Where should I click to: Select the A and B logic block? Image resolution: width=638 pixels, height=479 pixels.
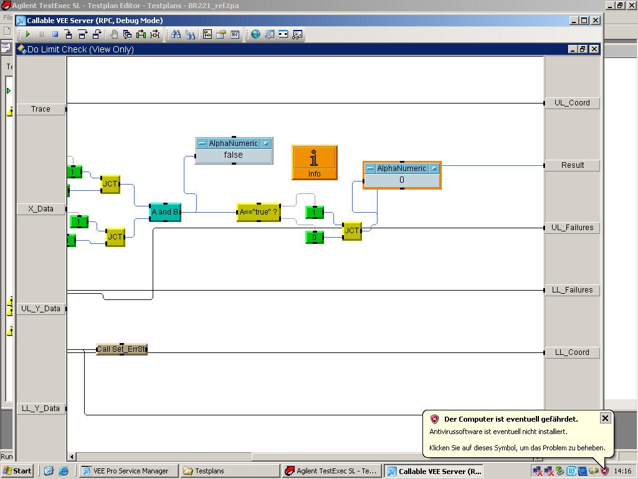click(165, 212)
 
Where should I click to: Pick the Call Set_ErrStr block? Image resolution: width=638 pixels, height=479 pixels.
click(122, 349)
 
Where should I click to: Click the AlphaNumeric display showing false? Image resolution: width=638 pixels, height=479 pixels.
click(234, 155)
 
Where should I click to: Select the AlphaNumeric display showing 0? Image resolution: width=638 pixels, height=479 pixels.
click(402, 180)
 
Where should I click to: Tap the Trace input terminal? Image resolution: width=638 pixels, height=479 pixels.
click(40, 109)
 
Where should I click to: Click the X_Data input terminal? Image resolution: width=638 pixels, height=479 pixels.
click(40, 209)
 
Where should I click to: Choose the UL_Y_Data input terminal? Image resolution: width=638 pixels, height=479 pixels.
click(40, 309)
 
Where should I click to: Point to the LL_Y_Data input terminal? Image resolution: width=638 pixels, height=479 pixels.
click(40, 409)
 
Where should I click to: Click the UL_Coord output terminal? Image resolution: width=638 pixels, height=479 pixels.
click(572, 103)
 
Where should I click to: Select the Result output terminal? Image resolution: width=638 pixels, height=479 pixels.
click(572, 165)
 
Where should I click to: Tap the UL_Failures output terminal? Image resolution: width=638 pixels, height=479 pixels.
click(572, 228)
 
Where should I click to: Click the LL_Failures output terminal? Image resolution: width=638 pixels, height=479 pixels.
click(572, 290)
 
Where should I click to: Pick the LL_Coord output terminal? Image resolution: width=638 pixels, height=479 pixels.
click(572, 352)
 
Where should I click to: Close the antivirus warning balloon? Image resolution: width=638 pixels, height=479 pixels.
click(605, 418)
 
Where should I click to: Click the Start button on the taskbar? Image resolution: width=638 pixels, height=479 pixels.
click(17, 471)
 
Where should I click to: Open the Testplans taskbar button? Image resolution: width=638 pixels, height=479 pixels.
click(229, 471)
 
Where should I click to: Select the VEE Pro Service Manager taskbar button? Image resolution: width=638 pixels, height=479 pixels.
click(129, 471)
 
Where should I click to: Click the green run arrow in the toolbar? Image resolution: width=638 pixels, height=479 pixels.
click(28, 34)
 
